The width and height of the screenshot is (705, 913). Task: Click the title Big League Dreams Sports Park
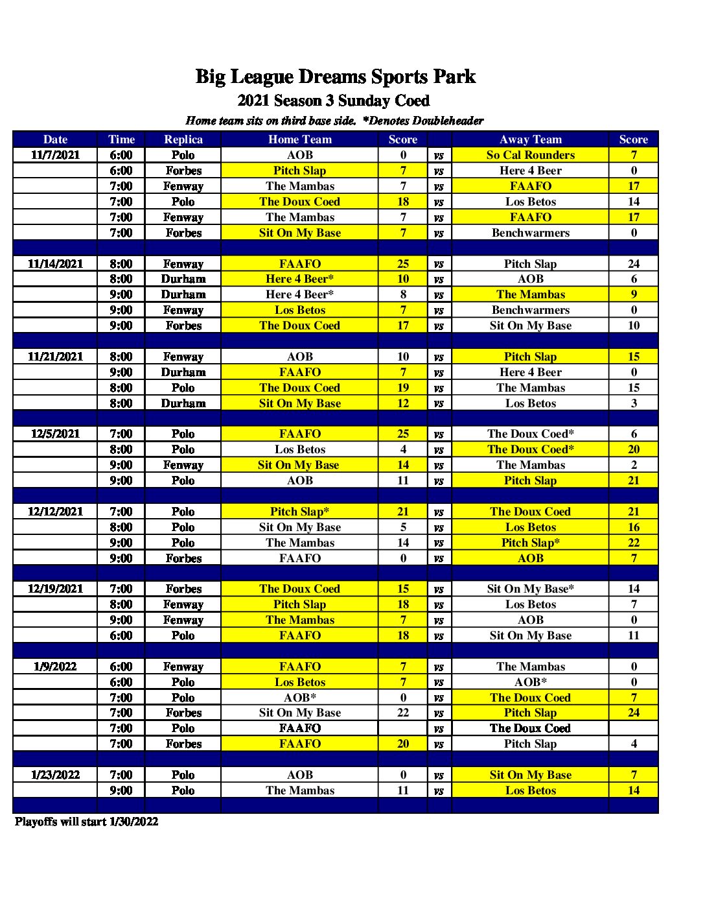(336, 77)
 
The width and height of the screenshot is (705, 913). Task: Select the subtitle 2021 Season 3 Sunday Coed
(334, 101)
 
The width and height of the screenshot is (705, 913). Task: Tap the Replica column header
(183, 139)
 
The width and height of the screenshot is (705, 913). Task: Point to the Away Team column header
(530, 139)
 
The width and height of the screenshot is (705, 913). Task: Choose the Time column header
(121, 139)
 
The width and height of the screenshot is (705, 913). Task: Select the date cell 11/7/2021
(56, 155)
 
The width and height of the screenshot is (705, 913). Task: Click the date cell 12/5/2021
(56, 434)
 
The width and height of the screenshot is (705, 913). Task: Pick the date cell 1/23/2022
(56, 775)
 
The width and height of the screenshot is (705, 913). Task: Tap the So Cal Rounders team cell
(530, 155)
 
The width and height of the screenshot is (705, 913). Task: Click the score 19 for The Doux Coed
(403, 388)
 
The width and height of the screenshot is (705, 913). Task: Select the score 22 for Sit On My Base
(403, 713)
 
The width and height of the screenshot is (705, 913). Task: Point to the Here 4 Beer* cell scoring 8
(300, 294)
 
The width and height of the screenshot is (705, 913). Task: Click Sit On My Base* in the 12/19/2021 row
(530, 589)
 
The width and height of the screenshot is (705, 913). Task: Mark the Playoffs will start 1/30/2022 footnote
(87, 822)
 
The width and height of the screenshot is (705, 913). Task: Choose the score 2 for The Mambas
(634, 465)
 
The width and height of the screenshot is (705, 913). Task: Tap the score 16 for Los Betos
(634, 527)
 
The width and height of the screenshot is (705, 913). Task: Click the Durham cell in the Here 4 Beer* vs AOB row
(183, 279)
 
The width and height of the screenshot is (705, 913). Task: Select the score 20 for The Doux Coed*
(634, 449)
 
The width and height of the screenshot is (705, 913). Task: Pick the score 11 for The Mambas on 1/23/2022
(403, 790)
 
